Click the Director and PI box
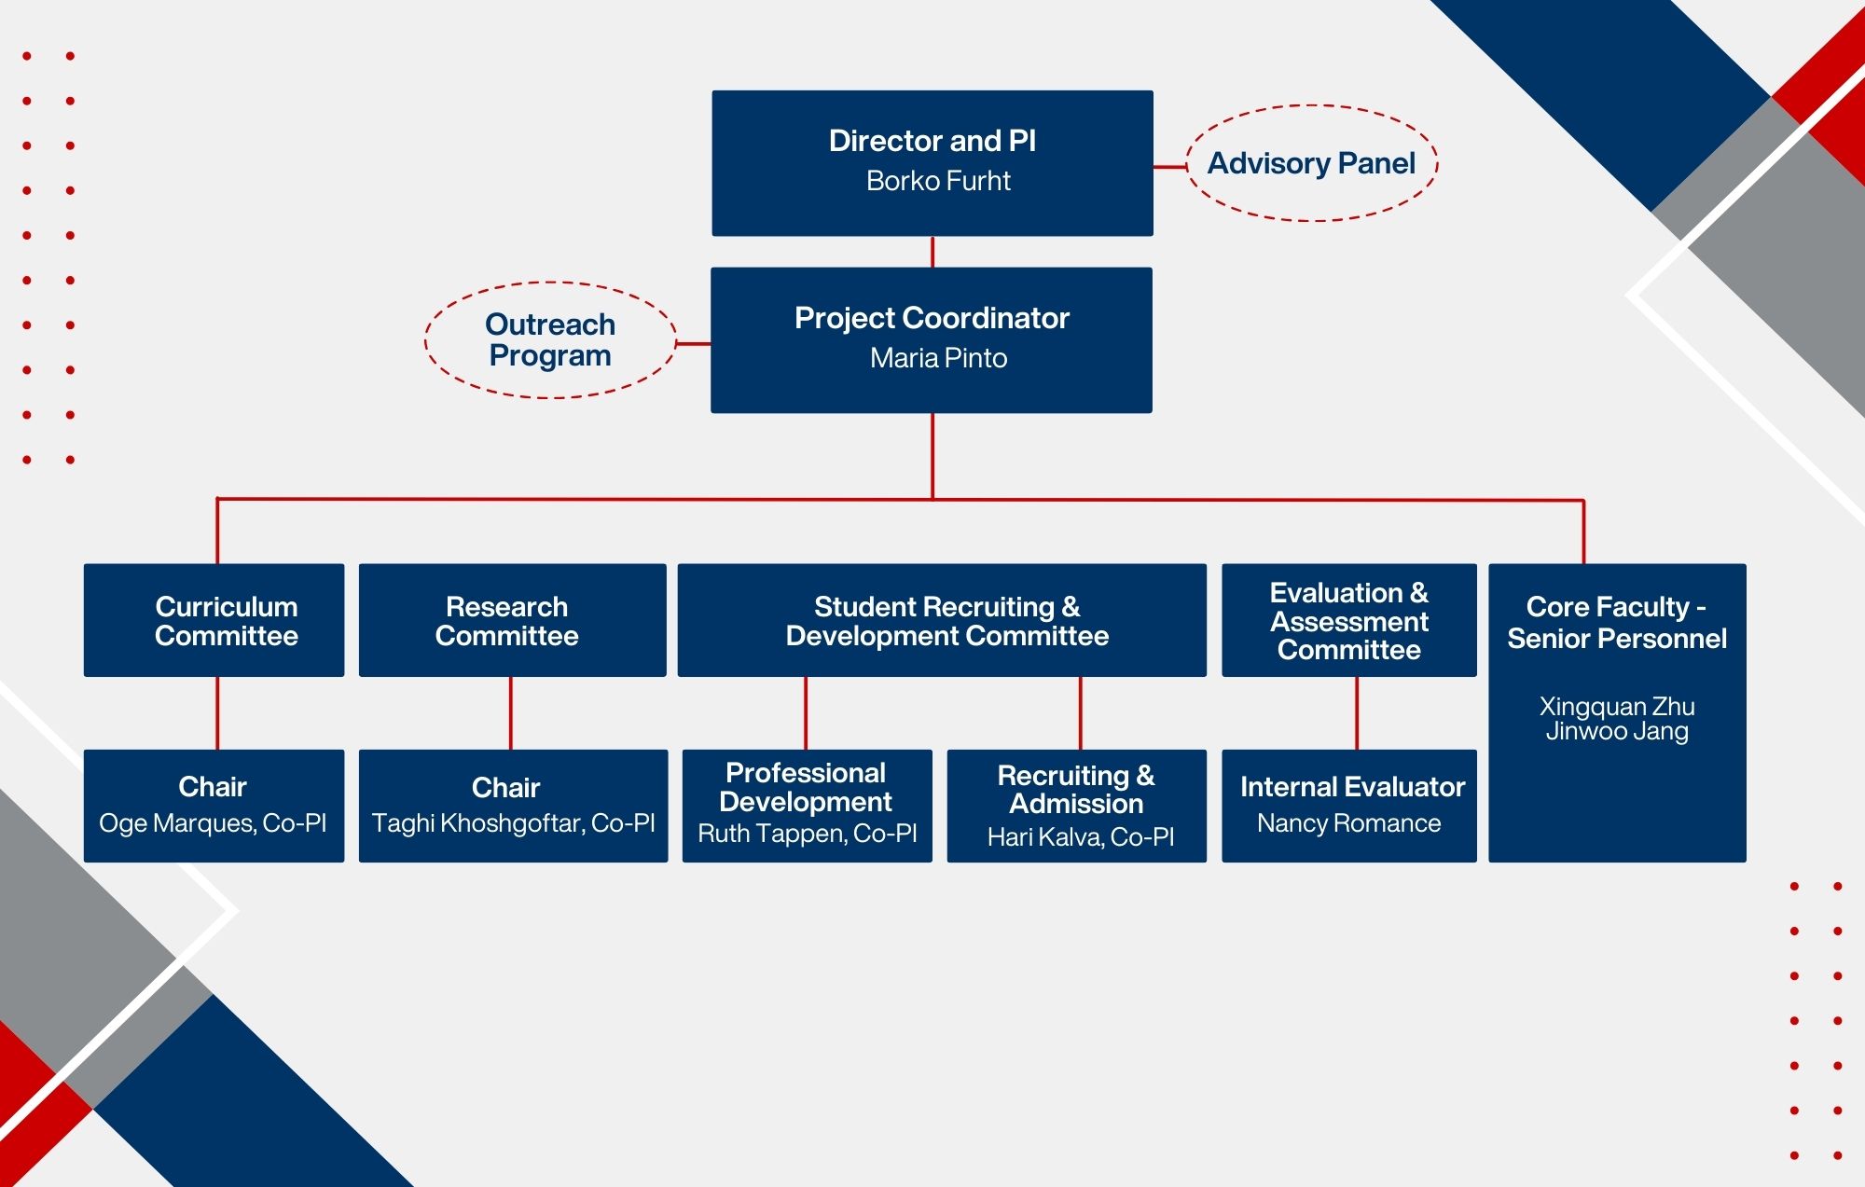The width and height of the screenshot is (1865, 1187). tap(932, 162)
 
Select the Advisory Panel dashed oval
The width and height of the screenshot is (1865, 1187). tap(1311, 163)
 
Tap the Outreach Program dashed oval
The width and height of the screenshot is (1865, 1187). tap(550, 340)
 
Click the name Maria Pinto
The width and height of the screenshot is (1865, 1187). tap(938, 358)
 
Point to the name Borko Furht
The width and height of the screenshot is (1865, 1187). tap(938, 181)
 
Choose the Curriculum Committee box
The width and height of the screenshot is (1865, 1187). tap(214, 620)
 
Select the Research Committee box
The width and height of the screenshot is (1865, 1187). tap(512, 620)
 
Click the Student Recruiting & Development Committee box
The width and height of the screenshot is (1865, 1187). tap(942, 620)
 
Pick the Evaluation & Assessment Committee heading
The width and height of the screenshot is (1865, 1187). tap(1348, 621)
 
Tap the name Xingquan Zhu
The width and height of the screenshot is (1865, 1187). tap(1617, 706)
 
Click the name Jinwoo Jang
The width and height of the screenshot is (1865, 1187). tap(1617, 731)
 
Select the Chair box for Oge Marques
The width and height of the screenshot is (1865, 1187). tap(214, 806)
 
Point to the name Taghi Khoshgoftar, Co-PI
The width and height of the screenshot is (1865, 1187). tap(513, 823)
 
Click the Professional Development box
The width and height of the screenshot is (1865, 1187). tap(807, 806)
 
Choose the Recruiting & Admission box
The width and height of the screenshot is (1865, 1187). tap(1076, 806)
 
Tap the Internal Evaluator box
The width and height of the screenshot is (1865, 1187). tap(1348, 806)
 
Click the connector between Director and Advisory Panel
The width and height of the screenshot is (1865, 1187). tap(1169, 167)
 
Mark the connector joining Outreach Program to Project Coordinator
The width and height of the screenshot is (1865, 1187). tap(693, 344)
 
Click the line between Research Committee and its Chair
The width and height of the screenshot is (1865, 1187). tap(510, 712)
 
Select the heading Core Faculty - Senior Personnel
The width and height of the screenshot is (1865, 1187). tap(1617, 623)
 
